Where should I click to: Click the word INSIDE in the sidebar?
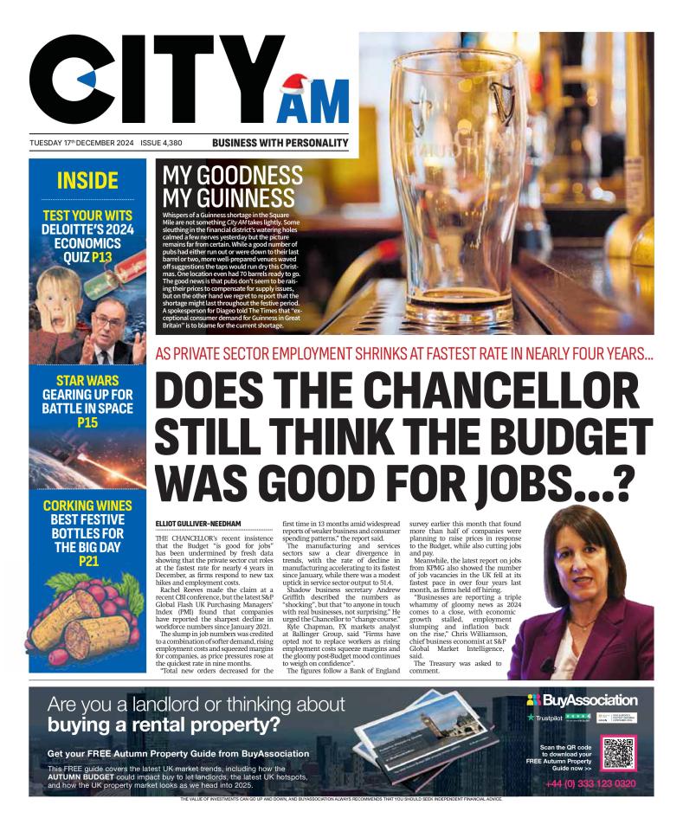coord(87,181)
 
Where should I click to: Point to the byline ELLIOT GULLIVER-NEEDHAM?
coord(198,524)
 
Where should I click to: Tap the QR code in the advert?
coord(618,752)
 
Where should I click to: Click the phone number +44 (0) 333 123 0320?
coord(590,783)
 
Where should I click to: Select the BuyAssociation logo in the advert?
coord(582,699)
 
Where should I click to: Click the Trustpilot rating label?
coord(548,718)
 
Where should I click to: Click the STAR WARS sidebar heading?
coord(87,380)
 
